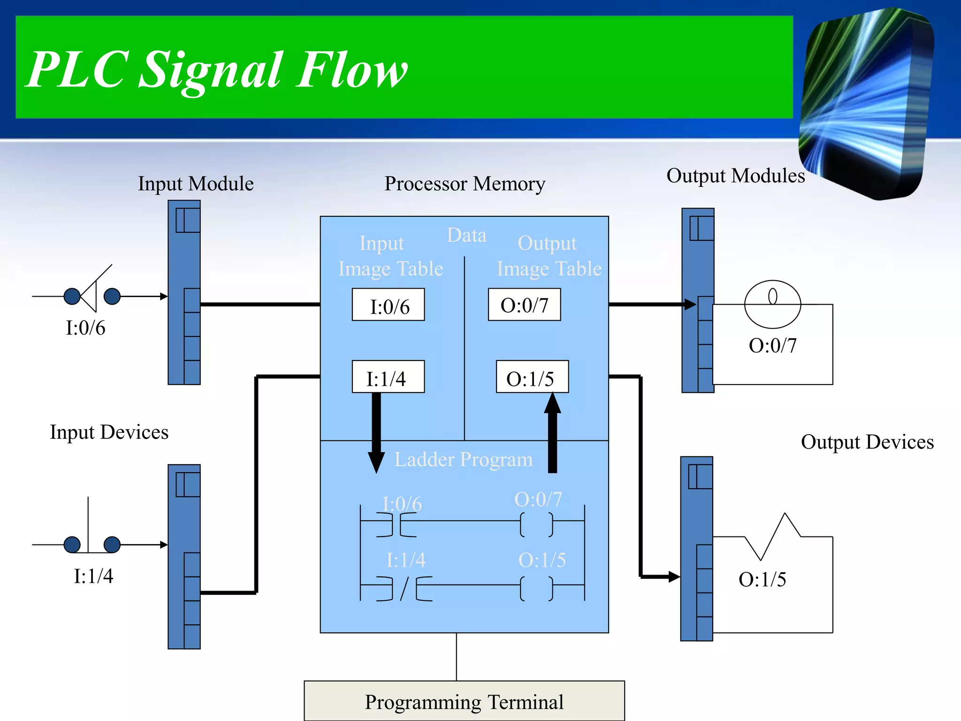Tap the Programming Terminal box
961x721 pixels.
click(x=464, y=701)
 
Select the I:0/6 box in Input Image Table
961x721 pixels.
click(x=389, y=305)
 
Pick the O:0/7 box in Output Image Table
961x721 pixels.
click(x=524, y=305)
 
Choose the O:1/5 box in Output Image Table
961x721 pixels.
click(x=532, y=377)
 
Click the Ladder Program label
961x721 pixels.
click(x=464, y=459)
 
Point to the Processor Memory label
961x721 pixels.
click(x=465, y=184)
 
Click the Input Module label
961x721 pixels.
click(x=196, y=184)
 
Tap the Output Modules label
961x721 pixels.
click(x=735, y=176)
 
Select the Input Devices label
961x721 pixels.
click(x=109, y=432)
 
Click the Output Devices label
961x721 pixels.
click(x=867, y=442)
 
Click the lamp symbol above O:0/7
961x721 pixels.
click(x=772, y=304)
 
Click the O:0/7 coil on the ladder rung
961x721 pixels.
click(x=536, y=524)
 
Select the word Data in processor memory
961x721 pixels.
click(x=466, y=235)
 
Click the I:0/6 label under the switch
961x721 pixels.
click(x=85, y=328)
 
